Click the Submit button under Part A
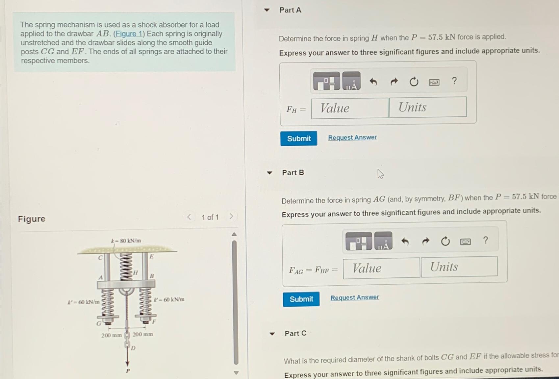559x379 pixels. click(x=298, y=138)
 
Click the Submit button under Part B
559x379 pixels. click(x=301, y=299)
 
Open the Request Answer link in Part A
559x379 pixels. click(x=352, y=137)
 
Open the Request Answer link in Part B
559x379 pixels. click(x=355, y=297)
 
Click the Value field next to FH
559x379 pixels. click(x=349, y=108)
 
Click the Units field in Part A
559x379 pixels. click(x=428, y=107)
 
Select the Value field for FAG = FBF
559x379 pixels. click(x=381, y=268)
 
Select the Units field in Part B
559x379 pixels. click(x=459, y=267)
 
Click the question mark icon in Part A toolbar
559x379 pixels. click(x=454, y=81)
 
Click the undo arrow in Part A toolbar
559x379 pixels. click(x=373, y=82)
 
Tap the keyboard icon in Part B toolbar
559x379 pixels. click(x=465, y=242)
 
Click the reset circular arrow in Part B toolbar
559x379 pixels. click(x=445, y=242)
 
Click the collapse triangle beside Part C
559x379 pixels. click(x=272, y=334)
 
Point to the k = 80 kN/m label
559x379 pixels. click(x=126, y=241)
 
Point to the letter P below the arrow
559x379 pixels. click(x=128, y=371)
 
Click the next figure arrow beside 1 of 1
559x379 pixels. click(x=231, y=217)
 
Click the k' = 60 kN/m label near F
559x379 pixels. click(x=169, y=299)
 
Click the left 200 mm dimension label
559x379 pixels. click(x=111, y=335)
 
